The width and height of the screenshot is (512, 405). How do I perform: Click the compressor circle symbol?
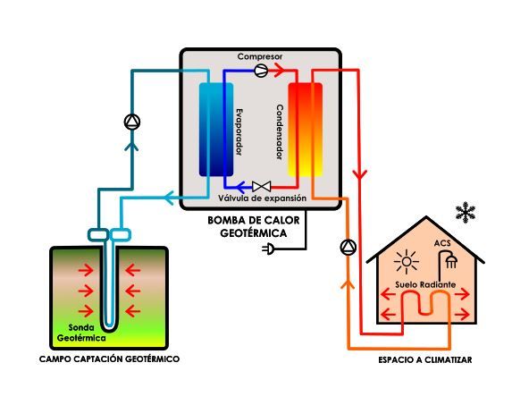[261, 71]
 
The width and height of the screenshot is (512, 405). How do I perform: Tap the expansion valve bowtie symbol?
[261, 186]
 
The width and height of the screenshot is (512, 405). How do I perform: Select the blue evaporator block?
[216, 130]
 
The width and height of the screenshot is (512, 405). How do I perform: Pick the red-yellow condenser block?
[305, 130]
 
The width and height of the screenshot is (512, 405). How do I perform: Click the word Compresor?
[260, 56]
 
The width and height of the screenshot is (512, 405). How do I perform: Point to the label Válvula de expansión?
[262, 198]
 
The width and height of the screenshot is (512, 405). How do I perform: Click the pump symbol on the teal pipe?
[132, 122]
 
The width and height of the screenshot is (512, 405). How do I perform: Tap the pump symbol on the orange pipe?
[348, 248]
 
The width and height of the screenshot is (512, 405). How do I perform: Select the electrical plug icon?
[268, 249]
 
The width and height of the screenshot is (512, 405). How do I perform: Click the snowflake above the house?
[466, 213]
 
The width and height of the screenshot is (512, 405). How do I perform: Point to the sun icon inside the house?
[407, 262]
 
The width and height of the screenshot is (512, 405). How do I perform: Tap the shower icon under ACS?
[448, 259]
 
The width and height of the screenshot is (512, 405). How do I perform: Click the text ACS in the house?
[442, 243]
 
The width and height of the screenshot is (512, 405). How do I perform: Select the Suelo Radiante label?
[425, 284]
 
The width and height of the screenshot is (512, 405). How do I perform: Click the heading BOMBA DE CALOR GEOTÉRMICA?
[254, 226]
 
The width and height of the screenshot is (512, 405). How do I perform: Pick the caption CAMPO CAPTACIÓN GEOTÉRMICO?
[109, 359]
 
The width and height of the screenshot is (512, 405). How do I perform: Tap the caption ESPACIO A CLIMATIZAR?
[425, 360]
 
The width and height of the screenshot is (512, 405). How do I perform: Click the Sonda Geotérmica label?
[81, 333]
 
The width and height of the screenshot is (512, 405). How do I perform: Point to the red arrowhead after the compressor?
[279, 70]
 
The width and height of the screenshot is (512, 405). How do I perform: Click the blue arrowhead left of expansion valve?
[240, 187]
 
